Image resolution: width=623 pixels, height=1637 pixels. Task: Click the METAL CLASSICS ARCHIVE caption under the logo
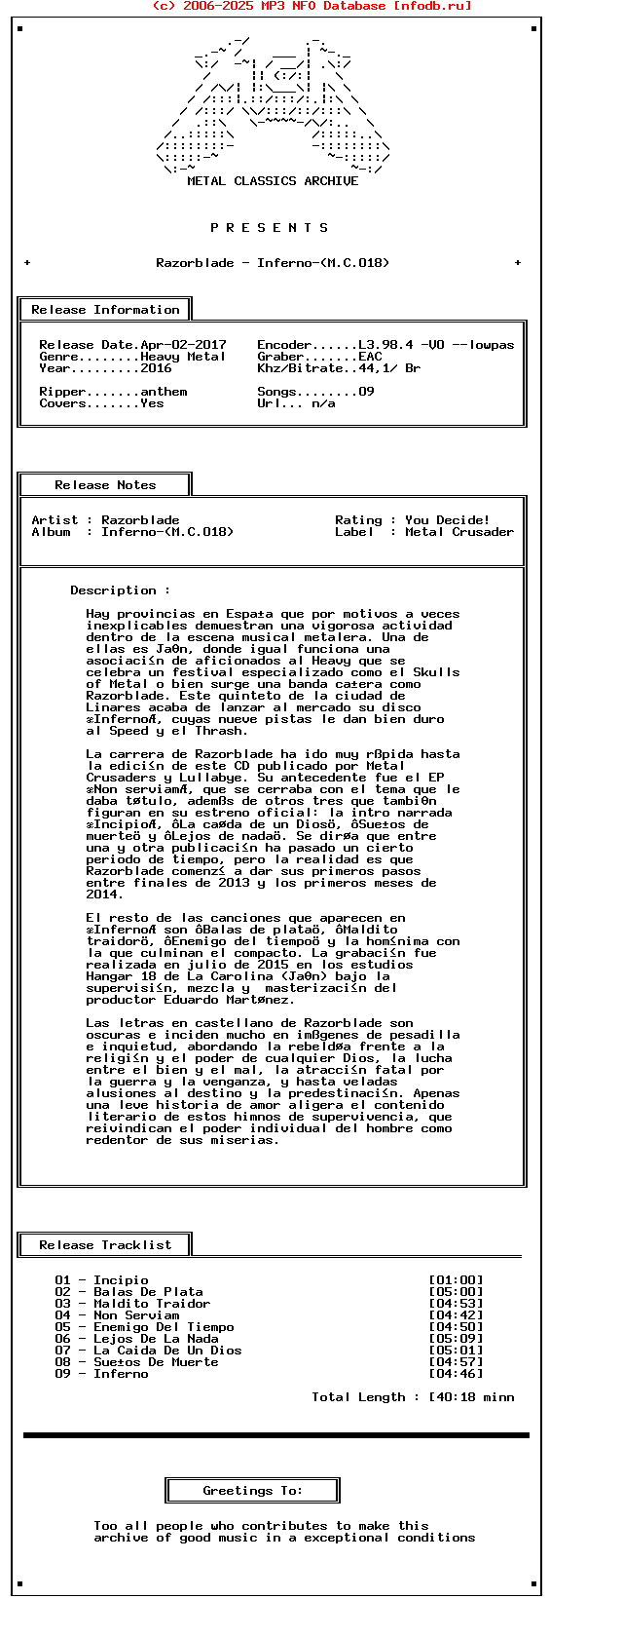(273, 181)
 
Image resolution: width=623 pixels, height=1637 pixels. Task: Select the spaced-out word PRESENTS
(270, 228)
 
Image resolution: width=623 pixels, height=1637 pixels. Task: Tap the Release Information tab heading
(105, 310)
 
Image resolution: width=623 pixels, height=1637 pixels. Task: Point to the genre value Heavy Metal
(183, 357)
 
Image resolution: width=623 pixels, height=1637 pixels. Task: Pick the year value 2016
(156, 368)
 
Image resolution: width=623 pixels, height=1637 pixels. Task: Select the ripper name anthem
(164, 392)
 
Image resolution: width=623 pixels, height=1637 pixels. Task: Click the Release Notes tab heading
(105, 485)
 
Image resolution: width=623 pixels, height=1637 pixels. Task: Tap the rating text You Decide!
(448, 520)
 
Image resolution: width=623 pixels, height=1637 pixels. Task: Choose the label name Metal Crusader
(459, 532)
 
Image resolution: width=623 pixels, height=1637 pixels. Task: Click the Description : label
(120, 590)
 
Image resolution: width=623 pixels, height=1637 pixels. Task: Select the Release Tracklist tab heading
(105, 1245)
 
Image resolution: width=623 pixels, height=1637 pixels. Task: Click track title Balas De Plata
(148, 1292)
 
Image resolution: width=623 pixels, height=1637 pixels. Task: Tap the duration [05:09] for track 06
(456, 1339)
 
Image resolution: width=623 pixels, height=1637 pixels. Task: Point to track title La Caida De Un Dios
(167, 1351)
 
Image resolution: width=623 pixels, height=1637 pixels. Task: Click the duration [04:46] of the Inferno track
(456, 1374)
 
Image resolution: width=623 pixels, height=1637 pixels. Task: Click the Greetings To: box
(253, 1491)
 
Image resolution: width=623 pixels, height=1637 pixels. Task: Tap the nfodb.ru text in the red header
(432, 6)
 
